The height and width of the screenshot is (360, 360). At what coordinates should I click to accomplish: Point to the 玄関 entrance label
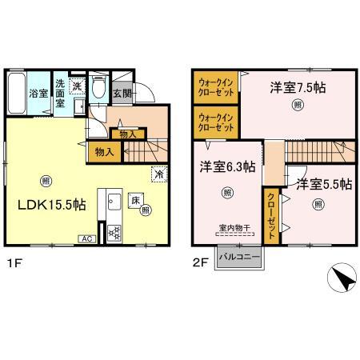(x=123, y=94)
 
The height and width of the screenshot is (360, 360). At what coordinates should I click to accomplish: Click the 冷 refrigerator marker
(x=158, y=172)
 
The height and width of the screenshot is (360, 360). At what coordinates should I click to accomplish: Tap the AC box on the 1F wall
(x=85, y=238)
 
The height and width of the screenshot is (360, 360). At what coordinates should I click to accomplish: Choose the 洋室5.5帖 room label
(x=324, y=185)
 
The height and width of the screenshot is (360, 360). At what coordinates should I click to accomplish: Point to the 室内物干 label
(x=232, y=228)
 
